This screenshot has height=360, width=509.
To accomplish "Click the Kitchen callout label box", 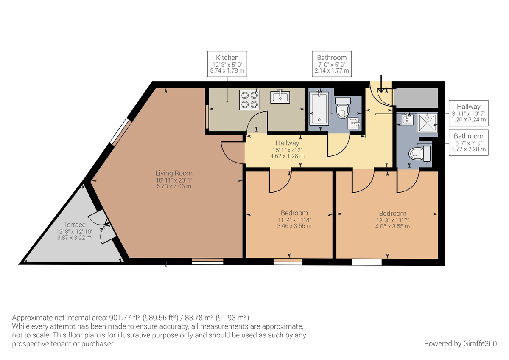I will tap(227, 64).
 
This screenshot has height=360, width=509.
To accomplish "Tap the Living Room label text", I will tap(173, 173).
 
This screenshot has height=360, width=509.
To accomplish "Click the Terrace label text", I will tap(74, 225).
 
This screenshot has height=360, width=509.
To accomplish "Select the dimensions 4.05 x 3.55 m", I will tap(392, 226).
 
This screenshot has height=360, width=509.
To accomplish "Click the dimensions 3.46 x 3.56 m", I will tap(294, 226).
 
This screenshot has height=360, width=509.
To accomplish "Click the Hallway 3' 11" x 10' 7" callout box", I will tap(468, 113).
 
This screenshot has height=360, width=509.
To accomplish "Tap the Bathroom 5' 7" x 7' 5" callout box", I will tap(468, 143).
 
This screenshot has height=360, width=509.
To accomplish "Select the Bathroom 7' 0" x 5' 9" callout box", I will tap(332, 64).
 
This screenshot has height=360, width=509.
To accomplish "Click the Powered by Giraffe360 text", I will tap(460, 343).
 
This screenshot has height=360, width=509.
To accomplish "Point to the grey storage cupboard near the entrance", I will tap(416, 98).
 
